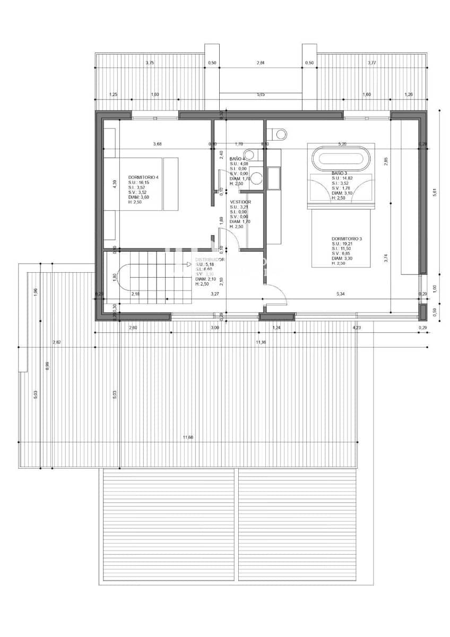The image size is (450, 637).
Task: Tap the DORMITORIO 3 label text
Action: [x=347, y=239]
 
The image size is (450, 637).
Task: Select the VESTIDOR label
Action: [x=240, y=202]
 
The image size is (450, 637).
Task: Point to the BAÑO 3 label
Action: [x=339, y=173]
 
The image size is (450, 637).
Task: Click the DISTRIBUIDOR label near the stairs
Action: [x=210, y=260]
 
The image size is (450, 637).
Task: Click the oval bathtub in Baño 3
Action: [x=339, y=158]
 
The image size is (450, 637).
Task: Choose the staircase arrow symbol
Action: [x=188, y=264]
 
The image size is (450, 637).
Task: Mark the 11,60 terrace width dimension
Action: [x=188, y=437]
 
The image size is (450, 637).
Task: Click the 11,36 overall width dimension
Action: [x=261, y=342]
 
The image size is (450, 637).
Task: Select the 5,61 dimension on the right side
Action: [x=434, y=192]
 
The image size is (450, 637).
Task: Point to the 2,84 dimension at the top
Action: [x=260, y=63]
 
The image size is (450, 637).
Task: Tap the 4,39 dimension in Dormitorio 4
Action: [x=115, y=184]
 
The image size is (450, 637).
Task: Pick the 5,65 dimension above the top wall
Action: [x=261, y=94]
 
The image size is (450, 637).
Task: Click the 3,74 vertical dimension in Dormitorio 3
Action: [x=386, y=259]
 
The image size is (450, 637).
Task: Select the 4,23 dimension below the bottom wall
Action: [x=356, y=328]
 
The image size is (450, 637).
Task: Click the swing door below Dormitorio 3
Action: [x=276, y=295]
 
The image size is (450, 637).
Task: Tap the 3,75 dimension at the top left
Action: [x=150, y=63]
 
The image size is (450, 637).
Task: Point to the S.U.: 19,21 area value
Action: [x=343, y=244]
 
